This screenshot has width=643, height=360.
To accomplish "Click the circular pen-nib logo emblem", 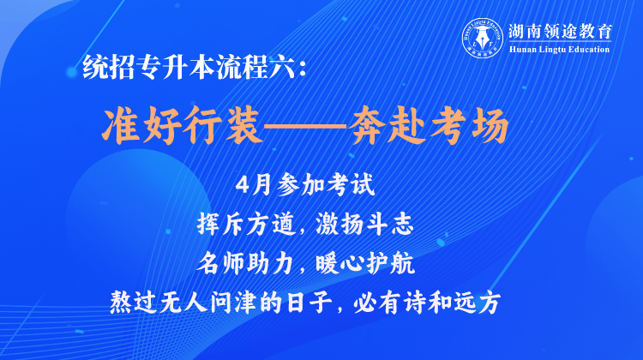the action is click(x=482, y=38).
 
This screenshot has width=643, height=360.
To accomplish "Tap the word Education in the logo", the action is click(x=589, y=50).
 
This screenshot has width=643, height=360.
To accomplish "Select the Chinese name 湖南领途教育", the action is click(x=560, y=32).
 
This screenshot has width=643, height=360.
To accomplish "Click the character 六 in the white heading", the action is click(x=283, y=67).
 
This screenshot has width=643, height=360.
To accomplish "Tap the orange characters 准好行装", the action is click(x=182, y=125).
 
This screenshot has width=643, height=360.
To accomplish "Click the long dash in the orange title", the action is click(x=304, y=126).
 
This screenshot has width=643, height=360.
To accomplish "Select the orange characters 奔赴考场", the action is click(x=429, y=125).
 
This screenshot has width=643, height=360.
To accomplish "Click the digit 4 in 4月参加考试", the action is click(x=243, y=185).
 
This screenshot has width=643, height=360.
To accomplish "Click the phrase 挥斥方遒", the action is click(x=246, y=225).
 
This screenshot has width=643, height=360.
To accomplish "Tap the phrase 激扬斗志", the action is click(x=364, y=225).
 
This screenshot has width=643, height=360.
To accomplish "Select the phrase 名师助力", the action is click(x=245, y=264).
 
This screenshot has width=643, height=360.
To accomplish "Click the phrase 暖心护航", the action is click(x=365, y=264).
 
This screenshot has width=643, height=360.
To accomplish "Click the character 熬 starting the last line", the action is click(x=121, y=303).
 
